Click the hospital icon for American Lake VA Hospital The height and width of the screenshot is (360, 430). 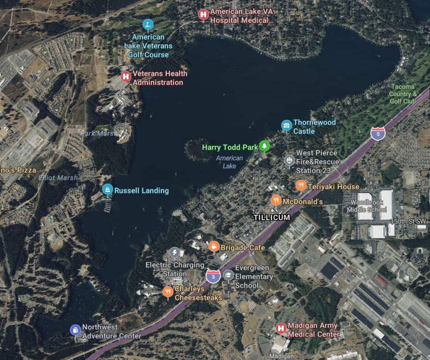(203, 14)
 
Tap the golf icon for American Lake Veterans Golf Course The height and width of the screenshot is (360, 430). (148, 24)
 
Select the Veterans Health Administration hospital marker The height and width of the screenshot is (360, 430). (126, 77)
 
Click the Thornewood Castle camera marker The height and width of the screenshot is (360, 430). (286, 126)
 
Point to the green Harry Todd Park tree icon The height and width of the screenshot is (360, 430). (265, 146)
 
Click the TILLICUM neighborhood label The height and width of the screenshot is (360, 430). (272, 217)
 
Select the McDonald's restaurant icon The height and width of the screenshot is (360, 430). (276, 200)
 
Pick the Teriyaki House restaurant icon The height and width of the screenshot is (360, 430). (300, 185)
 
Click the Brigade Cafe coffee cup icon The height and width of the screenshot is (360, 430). (214, 246)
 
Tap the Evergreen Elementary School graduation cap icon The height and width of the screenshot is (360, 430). (228, 275)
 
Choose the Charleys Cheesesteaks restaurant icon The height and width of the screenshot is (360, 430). (168, 292)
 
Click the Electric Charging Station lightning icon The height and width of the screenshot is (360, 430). (175, 253)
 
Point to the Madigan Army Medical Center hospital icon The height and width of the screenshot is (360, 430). (281, 329)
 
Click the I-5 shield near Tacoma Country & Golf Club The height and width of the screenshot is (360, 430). (378, 133)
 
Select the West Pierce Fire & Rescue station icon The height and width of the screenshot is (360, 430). (289, 161)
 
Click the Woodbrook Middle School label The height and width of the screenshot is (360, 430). (367, 205)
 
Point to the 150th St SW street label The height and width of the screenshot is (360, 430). (408, 221)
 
